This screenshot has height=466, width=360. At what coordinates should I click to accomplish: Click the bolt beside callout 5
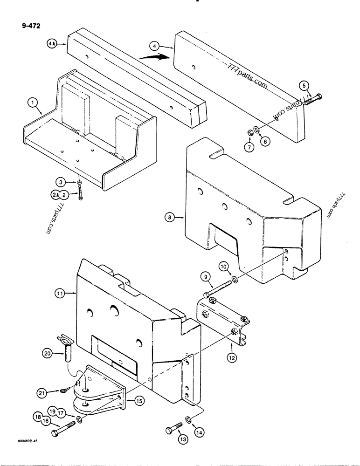(x=312, y=99)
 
